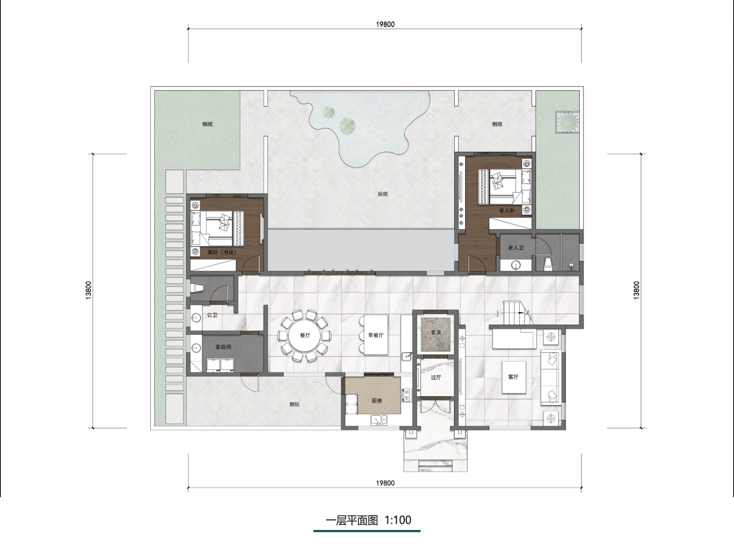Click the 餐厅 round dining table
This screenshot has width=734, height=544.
[x=305, y=336]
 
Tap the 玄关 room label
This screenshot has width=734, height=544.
[x=436, y=332]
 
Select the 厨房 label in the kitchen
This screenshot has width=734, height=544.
[x=377, y=401]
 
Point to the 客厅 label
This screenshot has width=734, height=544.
[x=513, y=377]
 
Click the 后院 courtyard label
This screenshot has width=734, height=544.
[x=383, y=194]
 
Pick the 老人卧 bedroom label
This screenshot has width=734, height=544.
[x=507, y=211]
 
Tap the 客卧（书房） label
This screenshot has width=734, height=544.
[x=222, y=252]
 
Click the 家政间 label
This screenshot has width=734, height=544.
[x=223, y=347]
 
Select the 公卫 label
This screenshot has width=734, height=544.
[x=212, y=315]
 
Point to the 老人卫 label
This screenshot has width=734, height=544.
[x=516, y=248]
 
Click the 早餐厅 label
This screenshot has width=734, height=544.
[x=376, y=335]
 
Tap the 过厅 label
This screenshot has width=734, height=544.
[x=436, y=377]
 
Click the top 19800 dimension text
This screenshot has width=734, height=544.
[x=385, y=24]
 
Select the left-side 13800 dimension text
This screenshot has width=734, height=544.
[x=88, y=291]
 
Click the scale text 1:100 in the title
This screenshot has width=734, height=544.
[x=398, y=520]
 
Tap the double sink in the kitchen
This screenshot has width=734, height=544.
[x=379, y=420]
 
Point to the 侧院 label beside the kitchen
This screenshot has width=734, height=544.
[x=295, y=405]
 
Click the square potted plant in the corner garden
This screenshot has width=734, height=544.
[x=567, y=122]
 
